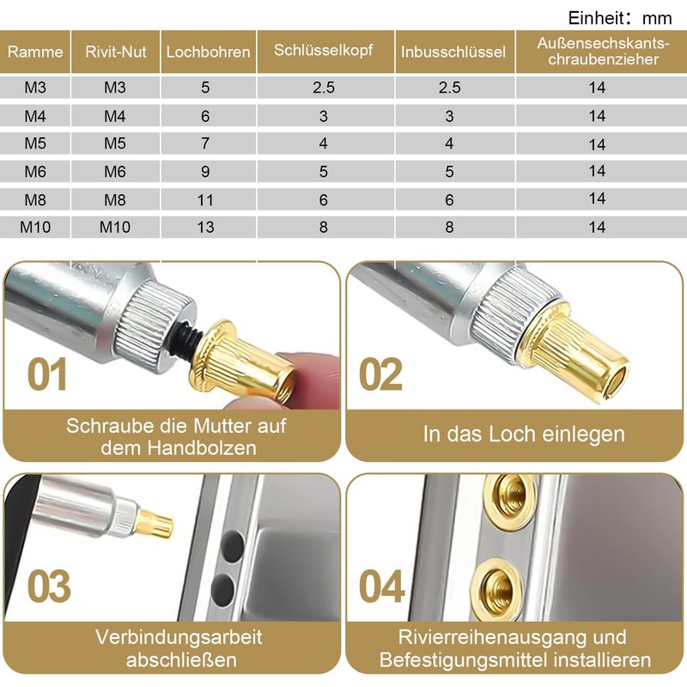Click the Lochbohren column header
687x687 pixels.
tap(208, 52)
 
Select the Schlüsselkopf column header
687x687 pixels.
tap(324, 51)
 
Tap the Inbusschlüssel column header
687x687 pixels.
tap(453, 52)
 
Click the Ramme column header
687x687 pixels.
tap(35, 52)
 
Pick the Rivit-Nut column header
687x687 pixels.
tap(116, 52)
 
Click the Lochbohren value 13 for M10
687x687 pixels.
tap(205, 227)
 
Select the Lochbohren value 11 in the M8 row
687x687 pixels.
tap(205, 200)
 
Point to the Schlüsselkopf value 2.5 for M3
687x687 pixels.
tap(324, 88)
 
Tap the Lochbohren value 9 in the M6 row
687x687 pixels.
tap(205, 171)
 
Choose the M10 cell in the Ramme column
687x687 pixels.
tap(35, 227)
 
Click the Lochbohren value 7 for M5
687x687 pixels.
tap(205, 143)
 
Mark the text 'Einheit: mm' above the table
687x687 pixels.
tap(620, 18)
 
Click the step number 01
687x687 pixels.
tap(47, 374)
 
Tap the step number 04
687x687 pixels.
tap(381, 586)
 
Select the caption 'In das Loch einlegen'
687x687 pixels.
tap(524, 435)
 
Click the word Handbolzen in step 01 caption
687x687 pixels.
tap(202, 447)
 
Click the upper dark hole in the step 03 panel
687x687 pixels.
tap(232, 547)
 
